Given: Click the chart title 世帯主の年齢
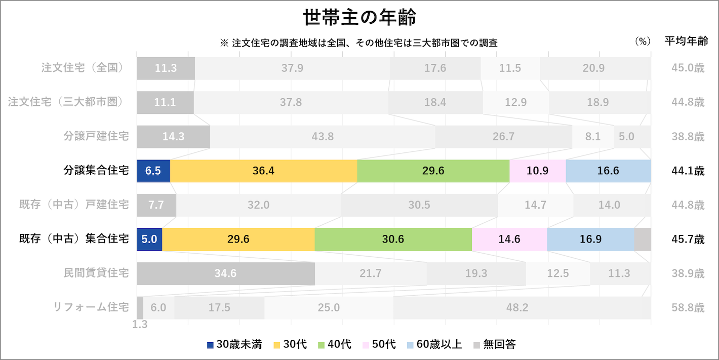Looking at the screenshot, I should pyautogui.click(x=359, y=18).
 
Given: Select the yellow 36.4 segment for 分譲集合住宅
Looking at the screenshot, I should pyautogui.click(x=263, y=171).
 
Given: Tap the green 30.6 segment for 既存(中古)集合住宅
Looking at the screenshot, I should pyautogui.click(x=393, y=239).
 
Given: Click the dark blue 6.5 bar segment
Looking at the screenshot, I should pyautogui.click(x=153, y=171).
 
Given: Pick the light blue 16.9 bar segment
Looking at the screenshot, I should pyautogui.click(x=590, y=239).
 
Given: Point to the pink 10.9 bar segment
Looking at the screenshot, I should pyautogui.click(x=537, y=171).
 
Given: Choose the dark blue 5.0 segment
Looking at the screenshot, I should pyautogui.click(x=149, y=239).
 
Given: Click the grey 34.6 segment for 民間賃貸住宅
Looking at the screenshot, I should pyautogui.click(x=226, y=273).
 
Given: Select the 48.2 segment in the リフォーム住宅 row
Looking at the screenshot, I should pyautogui.click(x=517, y=307).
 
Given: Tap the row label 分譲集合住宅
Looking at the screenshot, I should pyautogui.click(x=96, y=171).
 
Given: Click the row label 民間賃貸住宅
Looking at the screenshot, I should pyautogui.click(x=96, y=273).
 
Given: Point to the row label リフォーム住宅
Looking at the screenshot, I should pyautogui.click(x=91, y=307).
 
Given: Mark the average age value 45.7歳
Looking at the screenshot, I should pyautogui.click(x=685, y=239).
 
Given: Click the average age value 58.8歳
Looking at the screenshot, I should pyautogui.click(x=685, y=307).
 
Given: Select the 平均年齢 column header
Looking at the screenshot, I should pyautogui.click(x=686, y=42).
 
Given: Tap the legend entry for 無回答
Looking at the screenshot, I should pyautogui.click(x=495, y=345).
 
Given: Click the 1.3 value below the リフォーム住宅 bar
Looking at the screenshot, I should pyautogui.click(x=140, y=324).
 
